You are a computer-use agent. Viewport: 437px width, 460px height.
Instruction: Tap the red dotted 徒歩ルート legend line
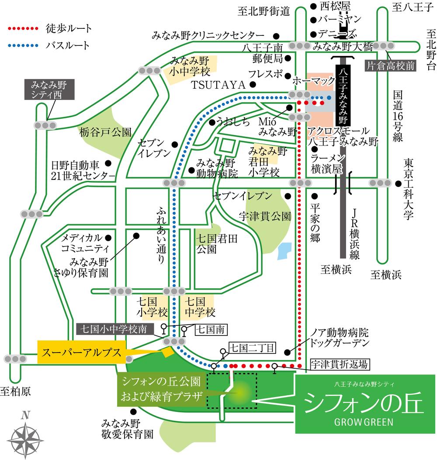24,29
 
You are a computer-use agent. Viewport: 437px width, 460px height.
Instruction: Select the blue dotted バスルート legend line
24,45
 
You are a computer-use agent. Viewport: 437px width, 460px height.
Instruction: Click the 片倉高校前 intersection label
391,66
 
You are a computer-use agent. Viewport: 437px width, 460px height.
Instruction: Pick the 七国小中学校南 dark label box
115,328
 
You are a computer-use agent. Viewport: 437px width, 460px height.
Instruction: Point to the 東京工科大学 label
409,189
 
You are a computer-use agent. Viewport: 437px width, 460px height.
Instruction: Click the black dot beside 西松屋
313,6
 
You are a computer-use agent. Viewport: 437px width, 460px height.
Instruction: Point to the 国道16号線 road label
397,116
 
